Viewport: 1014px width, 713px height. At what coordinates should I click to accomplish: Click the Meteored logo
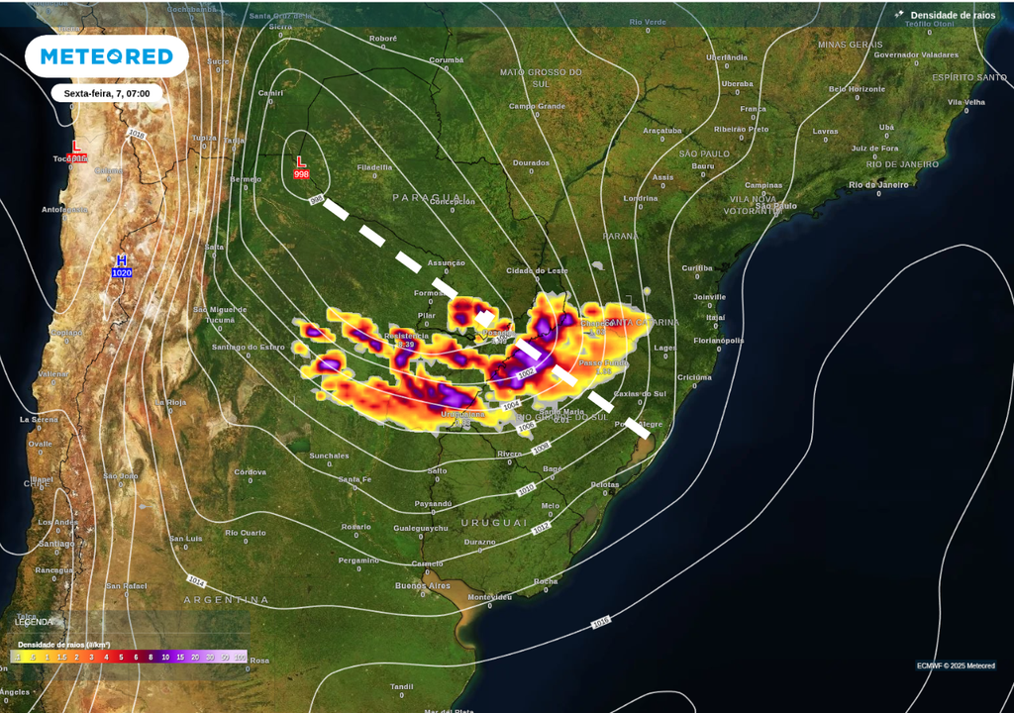[x=106, y=56]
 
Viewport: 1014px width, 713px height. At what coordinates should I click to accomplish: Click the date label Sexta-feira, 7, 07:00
[x=107, y=93]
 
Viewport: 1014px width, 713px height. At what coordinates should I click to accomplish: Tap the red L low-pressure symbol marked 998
[x=301, y=167]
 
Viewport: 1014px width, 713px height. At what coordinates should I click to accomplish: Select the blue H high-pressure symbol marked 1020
[x=121, y=265]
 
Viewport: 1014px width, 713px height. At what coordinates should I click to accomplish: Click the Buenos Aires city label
[x=423, y=585]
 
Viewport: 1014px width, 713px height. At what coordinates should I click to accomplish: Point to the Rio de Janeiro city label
[x=877, y=185]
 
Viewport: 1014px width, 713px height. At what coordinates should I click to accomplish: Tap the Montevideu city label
[x=489, y=597]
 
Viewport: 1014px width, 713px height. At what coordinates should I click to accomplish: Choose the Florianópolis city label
[x=719, y=340]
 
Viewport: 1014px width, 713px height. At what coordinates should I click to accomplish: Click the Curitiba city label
[x=696, y=267]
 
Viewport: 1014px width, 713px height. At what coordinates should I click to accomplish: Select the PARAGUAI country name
[x=429, y=197]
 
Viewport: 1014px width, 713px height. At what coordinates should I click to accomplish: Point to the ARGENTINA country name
[x=226, y=600]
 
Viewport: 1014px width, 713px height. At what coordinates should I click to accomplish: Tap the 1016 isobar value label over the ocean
[x=600, y=622]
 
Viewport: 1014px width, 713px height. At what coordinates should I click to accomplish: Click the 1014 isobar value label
[x=196, y=581]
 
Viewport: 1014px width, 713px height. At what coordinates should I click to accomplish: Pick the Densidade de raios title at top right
[x=953, y=15]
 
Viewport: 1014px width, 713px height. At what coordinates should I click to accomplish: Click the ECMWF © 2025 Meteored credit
[x=956, y=665]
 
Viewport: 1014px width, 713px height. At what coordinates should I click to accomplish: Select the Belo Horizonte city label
[x=857, y=88]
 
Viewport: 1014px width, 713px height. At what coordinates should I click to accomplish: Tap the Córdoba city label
[x=250, y=471]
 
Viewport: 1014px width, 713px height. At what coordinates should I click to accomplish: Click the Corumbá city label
[x=446, y=59]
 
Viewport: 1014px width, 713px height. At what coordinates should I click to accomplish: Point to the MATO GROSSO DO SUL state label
[x=541, y=77]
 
